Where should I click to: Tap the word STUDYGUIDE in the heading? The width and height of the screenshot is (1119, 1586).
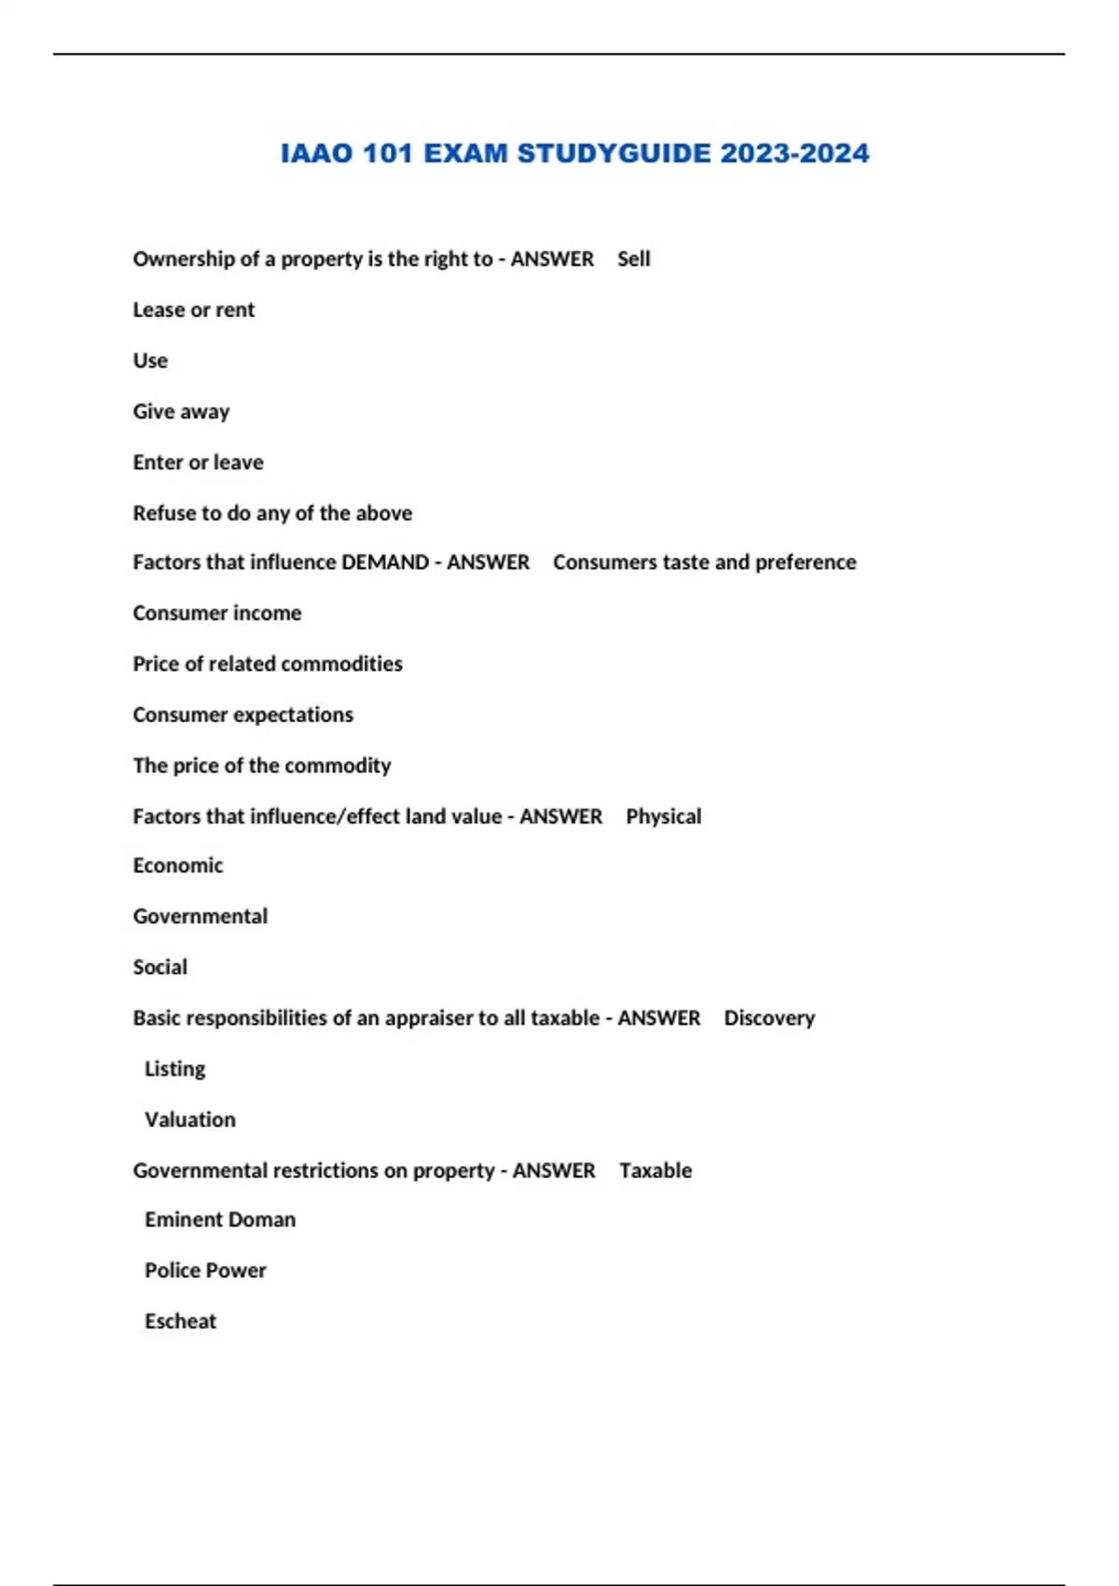[x=614, y=153]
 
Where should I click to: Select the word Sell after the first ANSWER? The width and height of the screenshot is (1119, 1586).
[x=633, y=259]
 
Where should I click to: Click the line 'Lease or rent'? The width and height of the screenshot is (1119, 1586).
[x=193, y=310]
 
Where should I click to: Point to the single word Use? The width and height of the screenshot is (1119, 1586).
[x=150, y=361]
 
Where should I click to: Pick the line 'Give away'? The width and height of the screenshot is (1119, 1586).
[x=181, y=411]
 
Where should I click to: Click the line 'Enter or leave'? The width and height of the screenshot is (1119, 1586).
[x=198, y=463]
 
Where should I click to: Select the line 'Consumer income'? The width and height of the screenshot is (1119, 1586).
[x=216, y=613]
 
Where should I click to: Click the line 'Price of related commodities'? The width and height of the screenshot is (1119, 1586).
[x=268, y=664]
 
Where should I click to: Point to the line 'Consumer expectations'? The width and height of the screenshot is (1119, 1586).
[x=242, y=715]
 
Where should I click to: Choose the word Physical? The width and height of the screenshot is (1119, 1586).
[x=663, y=816]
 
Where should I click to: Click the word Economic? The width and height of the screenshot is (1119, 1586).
[x=177, y=866]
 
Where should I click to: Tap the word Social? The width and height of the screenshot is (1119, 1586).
[x=159, y=967]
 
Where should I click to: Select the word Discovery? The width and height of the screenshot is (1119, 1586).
[x=768, y=1018]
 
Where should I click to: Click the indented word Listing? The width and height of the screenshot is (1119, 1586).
[x=174, y=1069]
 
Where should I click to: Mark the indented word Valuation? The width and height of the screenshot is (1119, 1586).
[x=189, y=1120]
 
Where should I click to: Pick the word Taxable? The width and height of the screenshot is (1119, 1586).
[x=656, y=1171]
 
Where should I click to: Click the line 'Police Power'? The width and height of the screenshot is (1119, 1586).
[x=205, y=1271]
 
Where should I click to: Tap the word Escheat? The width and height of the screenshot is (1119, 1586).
[x=180, y=1321]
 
